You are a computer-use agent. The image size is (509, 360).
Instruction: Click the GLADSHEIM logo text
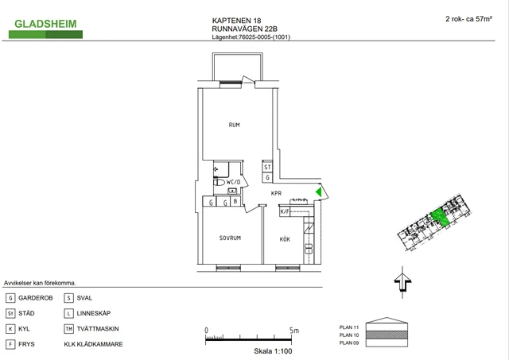point(45,24)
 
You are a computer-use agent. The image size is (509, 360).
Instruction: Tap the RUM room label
point(234,125)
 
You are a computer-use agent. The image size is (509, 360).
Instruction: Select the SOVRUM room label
point(230,238)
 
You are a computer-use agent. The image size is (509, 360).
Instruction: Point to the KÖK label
point(285,239)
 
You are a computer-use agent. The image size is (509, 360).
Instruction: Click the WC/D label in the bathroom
point(233,182)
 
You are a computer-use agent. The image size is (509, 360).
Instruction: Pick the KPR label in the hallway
point(276,193)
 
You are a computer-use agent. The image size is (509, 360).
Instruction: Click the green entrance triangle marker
point(319,192)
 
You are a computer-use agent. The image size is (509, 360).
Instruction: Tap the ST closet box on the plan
point(267,167)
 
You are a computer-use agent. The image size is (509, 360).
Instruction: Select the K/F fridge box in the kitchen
point(285,211)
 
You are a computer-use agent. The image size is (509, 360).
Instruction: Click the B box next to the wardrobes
point(235,201)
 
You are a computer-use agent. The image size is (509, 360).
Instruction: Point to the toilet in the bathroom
point(220,182)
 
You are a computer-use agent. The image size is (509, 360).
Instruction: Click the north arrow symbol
point(402,282)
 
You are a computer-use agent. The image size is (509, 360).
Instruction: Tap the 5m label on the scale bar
point(294,331)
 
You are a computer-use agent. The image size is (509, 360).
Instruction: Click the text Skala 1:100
point(273,351)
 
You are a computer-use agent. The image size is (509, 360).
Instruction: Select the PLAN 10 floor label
point(349,335)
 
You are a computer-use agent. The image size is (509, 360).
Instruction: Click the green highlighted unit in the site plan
point(441,217)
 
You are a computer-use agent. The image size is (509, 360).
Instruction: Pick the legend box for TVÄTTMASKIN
point(68,329)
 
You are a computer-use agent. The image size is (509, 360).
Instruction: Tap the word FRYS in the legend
point(26,344)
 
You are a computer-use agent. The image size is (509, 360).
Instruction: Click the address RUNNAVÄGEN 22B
point(244,29)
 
